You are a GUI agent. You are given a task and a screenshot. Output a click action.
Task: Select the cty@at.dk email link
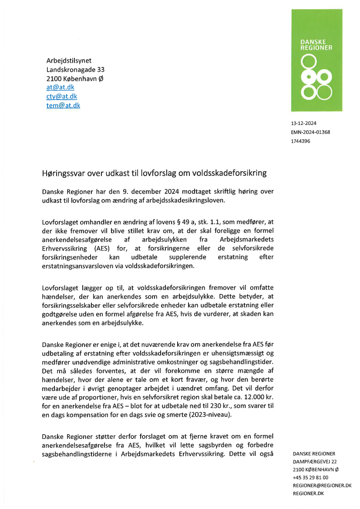tap(62, 96)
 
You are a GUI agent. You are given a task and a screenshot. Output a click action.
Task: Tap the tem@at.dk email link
tap(63, 105)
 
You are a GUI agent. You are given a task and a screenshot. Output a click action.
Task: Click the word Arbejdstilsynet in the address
tap(69, 61)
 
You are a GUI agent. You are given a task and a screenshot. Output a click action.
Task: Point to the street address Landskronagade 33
tap(75, 70)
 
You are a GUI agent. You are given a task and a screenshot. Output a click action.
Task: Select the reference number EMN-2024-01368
tap(310, 132)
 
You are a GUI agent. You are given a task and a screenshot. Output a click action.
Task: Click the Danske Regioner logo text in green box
tap(316, 45)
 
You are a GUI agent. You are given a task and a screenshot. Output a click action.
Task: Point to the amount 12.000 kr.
tap(256, 399)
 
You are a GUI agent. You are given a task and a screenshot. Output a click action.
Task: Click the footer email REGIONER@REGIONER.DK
tap(322, 485)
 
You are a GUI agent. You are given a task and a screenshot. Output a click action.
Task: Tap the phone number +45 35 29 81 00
tap(311, 477)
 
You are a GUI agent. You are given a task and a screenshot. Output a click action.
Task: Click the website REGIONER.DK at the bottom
tap(308, 493)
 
